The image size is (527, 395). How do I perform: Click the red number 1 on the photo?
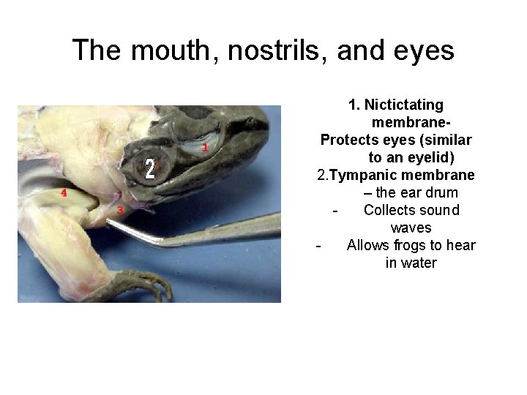coord(205,148)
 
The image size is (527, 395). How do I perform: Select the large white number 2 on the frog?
coord(150,169)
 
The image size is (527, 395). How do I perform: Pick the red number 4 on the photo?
coord(64,193)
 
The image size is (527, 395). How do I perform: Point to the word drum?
coord(442,192)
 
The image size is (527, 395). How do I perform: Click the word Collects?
coord(388,210)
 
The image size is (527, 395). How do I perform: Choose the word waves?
coord(411,227)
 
